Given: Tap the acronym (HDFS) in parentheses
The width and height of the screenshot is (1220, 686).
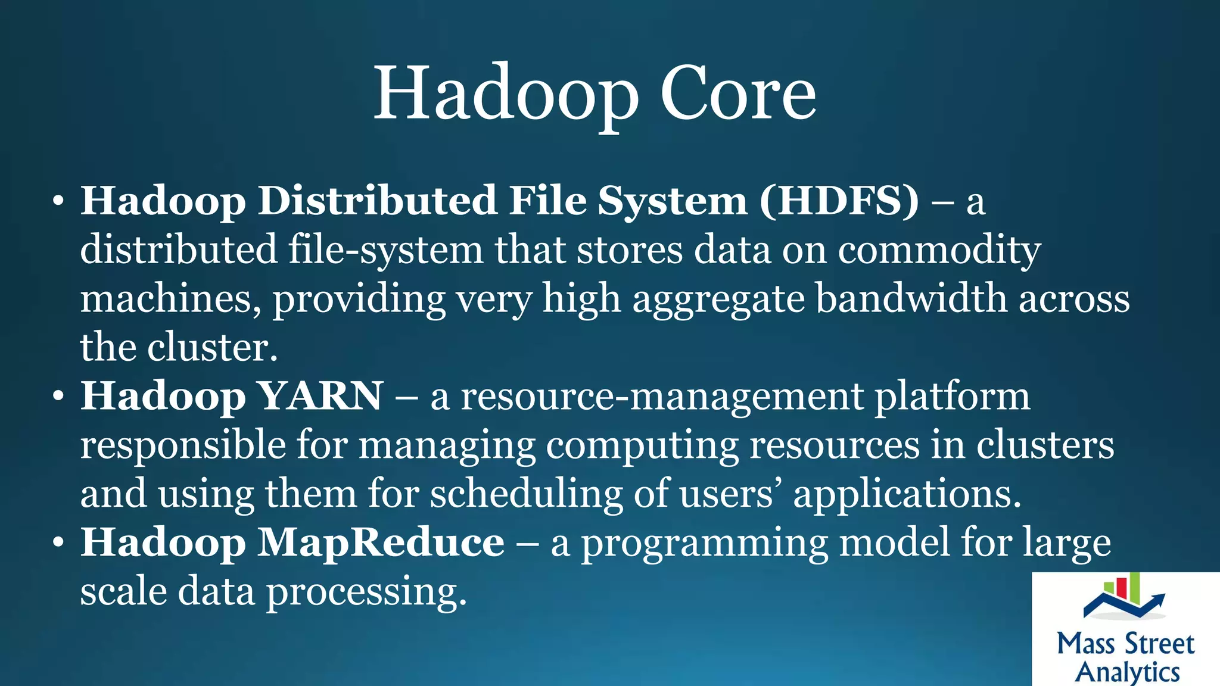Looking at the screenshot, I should [839, 201].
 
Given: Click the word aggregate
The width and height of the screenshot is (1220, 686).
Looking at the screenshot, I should [718, 300].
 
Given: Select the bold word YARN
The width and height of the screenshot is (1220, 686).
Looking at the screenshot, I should [321, 396].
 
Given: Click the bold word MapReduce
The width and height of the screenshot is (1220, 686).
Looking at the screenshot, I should [381, 542].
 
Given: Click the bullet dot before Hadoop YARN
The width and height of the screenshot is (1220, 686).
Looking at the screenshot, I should [58, 396].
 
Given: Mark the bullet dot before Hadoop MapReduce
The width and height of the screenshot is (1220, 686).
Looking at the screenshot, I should [58, 542].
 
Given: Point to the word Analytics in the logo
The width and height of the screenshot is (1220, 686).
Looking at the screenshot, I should [1127, 672].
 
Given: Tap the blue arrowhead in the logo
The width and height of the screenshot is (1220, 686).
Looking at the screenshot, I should [1159, 598].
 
